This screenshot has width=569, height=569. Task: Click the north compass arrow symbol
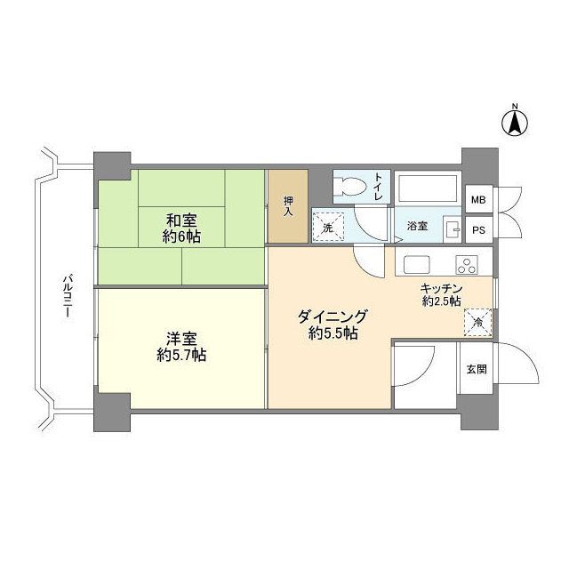pos(514,121)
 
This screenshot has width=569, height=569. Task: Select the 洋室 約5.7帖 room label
pos(181,347)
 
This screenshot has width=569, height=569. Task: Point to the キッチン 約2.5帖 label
pos(440,294)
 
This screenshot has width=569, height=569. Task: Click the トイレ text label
pos(379,187)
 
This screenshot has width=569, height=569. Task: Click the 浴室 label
pos(418,227)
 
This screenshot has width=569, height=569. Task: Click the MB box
pos(478,200)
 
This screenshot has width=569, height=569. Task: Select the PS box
pos(478,229)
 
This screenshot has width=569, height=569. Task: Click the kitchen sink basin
pos(416,264)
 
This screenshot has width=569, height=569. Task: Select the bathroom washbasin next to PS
pos(453,228)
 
